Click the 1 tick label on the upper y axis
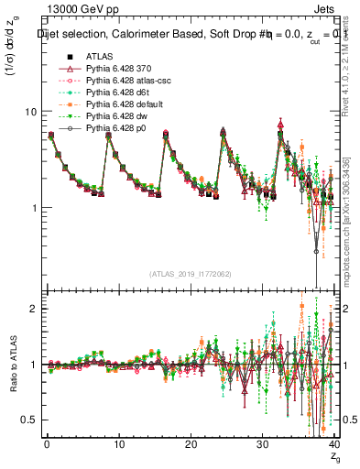coord(33,208)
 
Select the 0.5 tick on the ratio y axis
coord(28,420)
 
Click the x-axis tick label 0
coord(46,444)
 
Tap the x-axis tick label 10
coord(117,444)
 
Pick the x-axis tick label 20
coord(189,444)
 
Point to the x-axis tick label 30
coord(261,444)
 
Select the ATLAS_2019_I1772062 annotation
coord(190,272)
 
